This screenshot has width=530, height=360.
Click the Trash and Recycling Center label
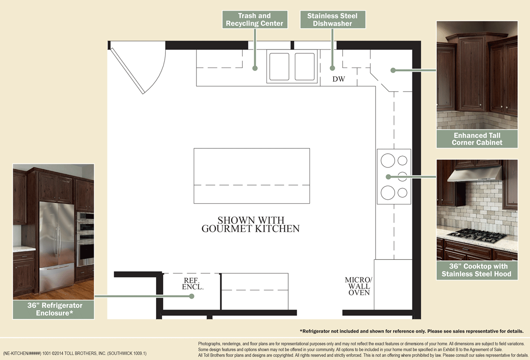coord(255,19)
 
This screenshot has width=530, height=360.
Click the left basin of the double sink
coord(279,67)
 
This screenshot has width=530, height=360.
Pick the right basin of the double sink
coord(304,67)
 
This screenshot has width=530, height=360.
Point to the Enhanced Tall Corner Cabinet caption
coord(477,139)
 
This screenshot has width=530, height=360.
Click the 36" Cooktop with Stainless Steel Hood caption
coord(477,270)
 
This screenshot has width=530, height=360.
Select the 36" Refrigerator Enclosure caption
coord(53,309)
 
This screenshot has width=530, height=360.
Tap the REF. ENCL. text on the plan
coord(193,284)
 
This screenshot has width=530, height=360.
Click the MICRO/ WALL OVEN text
coord(358,286)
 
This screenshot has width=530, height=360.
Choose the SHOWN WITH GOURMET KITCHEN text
coord(251,224)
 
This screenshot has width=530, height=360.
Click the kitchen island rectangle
coord(252,175)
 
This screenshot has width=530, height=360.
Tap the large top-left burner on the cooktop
coord(388,160)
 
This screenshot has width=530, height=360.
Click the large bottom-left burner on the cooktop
coord(388,193)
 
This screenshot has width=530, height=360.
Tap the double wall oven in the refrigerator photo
coord(85,239)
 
